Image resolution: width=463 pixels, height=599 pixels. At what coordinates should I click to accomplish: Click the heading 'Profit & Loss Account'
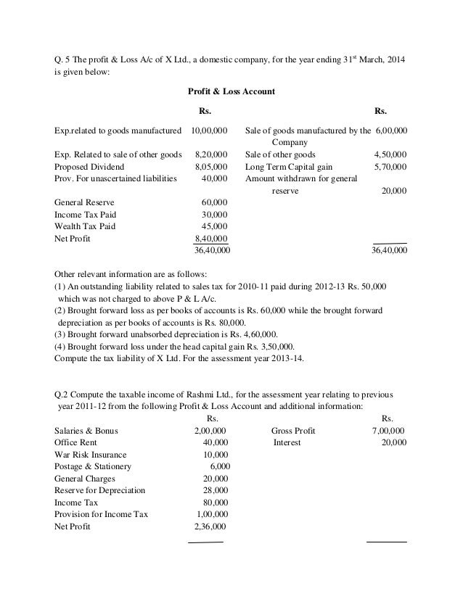[x=231, y=92]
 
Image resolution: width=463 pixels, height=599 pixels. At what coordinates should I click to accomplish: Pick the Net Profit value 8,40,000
[x=211, y=239]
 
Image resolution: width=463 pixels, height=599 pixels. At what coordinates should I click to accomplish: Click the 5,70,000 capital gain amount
[x=390, y=166]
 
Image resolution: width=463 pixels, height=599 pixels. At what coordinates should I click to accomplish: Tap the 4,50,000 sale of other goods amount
[x=390, y=154]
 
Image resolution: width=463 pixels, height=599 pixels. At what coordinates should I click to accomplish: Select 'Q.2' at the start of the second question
[x=64, y=394]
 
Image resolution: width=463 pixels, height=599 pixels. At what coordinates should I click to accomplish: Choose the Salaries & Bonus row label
[x=86, y=430]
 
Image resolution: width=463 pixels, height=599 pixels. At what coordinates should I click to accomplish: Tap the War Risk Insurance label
[x=89, y=454]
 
